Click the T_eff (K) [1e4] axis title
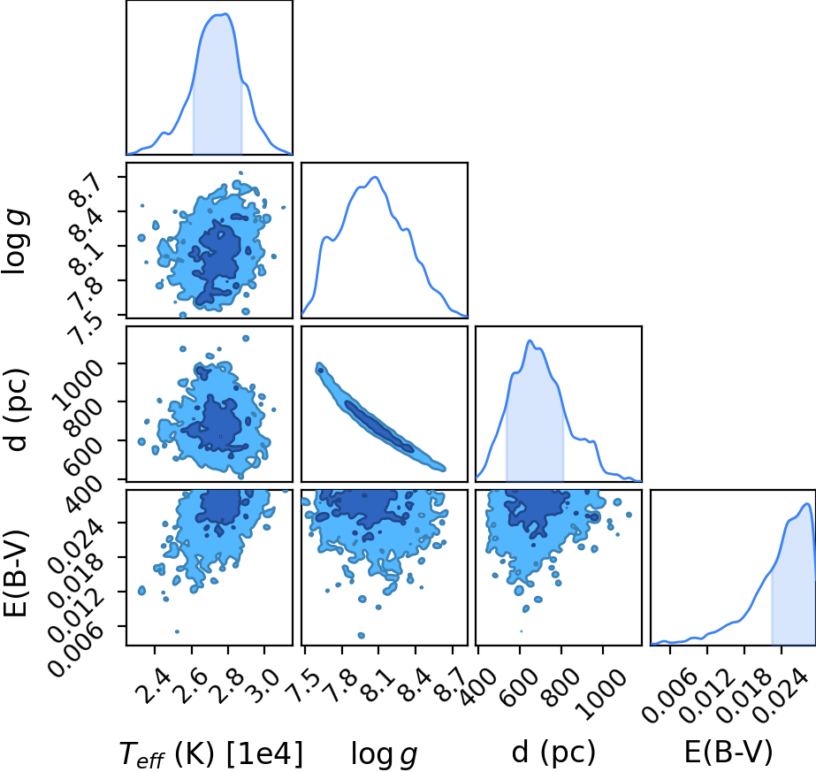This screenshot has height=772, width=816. (210, 753)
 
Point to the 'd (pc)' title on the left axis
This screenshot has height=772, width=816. (16, 410)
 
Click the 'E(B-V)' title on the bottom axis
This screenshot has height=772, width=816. (728, 753)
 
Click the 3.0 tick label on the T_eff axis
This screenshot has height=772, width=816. (265, 685)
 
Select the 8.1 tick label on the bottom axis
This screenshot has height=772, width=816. (379, 685)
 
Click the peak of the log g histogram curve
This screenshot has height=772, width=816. (375, 177)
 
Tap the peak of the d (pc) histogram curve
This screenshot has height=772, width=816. (530, 340)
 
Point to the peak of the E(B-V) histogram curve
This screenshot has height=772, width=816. (806, 503)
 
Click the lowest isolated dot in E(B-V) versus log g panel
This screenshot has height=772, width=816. (362, 635)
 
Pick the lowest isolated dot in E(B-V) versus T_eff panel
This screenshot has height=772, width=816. (177, 631)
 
